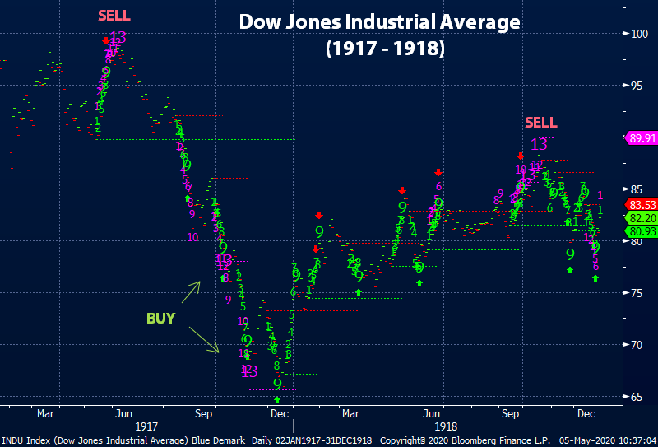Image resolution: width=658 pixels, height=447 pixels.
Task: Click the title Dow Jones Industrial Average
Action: (x=379, y=22)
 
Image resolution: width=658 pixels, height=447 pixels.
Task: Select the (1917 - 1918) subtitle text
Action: (x=385, y=49)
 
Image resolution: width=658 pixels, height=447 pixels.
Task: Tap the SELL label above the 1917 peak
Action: (x=114, y=16)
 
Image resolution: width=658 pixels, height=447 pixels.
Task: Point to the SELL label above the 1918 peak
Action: (x=540, y=123)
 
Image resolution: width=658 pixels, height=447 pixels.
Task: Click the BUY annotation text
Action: (x=160, y=318)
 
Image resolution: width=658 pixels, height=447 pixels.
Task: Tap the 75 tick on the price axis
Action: (x=638, y=293)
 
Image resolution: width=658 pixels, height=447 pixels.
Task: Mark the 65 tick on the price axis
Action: (x=638, y=397)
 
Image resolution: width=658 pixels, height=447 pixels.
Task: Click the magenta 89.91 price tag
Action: (x=641, y=138)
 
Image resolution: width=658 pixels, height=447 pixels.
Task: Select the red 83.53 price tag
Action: (x=641, y=205)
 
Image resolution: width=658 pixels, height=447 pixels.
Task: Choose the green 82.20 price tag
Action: (x=641, y=218)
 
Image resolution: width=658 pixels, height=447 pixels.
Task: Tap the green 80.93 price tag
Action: (x=641, y=231)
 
